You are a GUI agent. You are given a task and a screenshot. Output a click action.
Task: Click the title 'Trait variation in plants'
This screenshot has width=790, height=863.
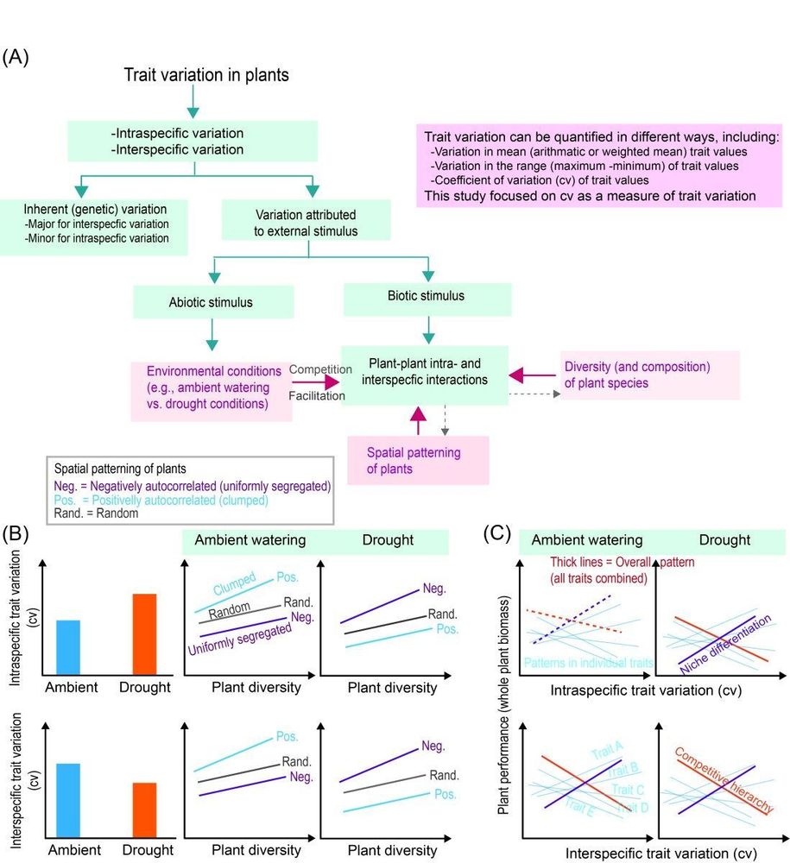pyautogui.click(x=207, y=76)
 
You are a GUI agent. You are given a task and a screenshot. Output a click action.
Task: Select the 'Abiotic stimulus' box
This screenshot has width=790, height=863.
pyautogui.click(x=213, y=303)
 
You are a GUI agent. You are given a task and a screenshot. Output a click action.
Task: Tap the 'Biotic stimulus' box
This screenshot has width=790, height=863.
pyautogui.click(x=427, y=296)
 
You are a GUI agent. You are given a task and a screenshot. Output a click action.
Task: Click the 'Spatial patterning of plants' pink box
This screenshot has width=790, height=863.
pyautogui.click(x=418, y=460)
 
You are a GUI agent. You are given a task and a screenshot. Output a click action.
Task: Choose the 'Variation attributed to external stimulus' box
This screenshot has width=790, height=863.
pyautogui.click(x=309, y=222)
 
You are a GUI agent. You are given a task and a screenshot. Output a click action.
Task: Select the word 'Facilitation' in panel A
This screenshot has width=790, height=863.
pyautogui.click(x=316, y=396)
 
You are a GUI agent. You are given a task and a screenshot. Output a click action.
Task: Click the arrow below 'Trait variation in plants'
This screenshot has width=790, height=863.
pyautogui.click(x=193, y=105)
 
